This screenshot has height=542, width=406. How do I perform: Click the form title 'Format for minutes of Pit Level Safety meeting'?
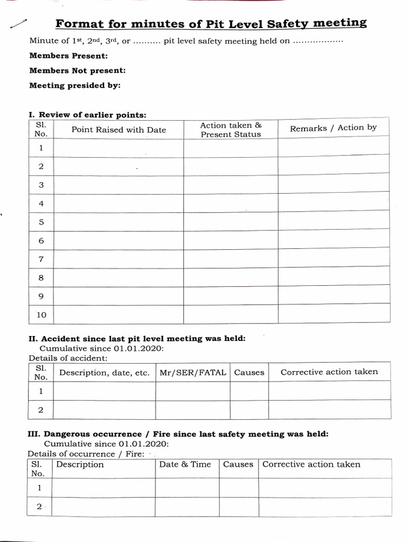[211, 24]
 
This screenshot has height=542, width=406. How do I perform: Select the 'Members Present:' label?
[69, 56]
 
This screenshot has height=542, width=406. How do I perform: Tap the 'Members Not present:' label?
[77, 70]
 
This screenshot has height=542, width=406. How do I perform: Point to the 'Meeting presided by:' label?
[75, 85]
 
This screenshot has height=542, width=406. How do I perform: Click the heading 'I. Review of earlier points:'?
[87, 115]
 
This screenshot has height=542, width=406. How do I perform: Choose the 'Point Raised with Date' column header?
[118, 130]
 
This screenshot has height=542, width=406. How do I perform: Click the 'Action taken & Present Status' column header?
[231, 130]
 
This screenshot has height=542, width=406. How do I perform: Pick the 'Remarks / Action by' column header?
[334, 128]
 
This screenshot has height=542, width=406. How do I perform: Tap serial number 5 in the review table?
[41, 222]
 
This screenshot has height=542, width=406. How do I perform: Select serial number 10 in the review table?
[41, 315]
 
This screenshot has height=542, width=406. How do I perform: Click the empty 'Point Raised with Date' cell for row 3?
[118, 185]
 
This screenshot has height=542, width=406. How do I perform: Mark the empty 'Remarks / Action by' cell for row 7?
[334, 259]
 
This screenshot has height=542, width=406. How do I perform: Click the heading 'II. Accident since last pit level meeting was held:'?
[136, 339]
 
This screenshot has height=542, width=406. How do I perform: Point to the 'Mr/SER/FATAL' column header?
[192, 373]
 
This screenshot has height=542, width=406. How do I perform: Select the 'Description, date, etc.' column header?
[104, 373]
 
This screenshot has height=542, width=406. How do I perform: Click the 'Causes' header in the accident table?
[249, 373]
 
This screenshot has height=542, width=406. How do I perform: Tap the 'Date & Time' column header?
[185, 465]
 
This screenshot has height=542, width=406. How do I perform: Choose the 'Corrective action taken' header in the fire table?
[311, 465]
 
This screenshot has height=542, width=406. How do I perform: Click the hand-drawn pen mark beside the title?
[17, 23]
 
